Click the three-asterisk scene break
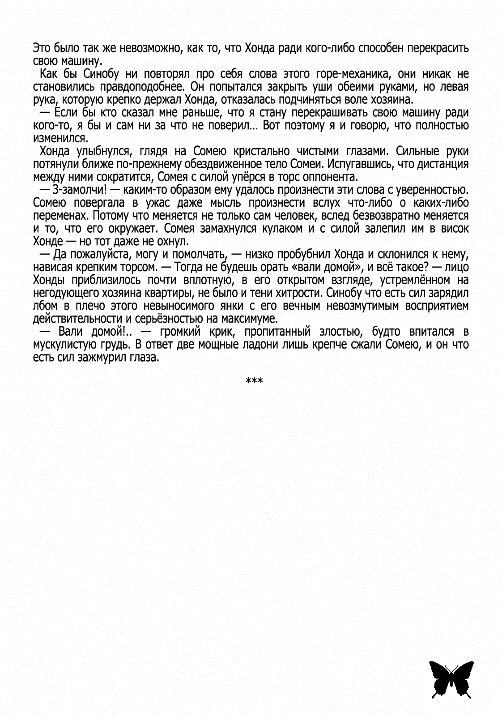254,380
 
